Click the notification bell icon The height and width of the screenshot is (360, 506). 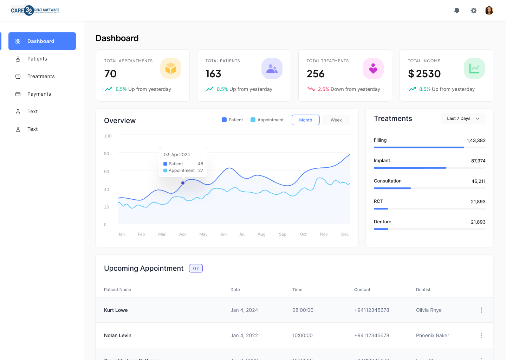(x=457, y=11)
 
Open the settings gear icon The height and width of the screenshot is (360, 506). (x=474, y=11)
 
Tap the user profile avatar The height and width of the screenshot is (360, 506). (x=489, y=11)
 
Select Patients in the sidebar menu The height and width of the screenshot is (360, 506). (x=37, y=59)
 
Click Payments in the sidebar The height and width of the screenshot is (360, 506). (x=39, y=94)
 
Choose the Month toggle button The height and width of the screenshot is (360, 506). (x=306, y=120)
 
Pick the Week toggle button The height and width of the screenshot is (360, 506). (x=336, y=120)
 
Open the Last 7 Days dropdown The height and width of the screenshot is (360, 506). (x=463, y=118)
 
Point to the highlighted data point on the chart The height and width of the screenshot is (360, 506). (x=183, y=183)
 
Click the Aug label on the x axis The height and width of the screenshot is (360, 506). (x=261, y=234)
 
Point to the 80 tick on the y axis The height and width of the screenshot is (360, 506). (x=106, y=154)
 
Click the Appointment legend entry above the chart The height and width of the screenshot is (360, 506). (x=267, y=120)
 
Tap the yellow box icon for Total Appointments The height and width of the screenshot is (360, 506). (x=171, y=68)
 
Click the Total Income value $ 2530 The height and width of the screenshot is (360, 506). (x=424, y=74)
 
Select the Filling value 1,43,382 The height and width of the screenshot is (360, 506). (x=476, y=140)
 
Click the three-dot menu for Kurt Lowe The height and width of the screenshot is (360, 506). (x=481, y=310)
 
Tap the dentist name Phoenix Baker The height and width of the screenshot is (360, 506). (x=433, y=335)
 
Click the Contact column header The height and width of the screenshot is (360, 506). (x=362, y=290)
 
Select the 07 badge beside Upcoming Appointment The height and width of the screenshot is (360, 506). (x=196, y=268)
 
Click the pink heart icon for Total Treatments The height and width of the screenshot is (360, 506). (x=373, y=68)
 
